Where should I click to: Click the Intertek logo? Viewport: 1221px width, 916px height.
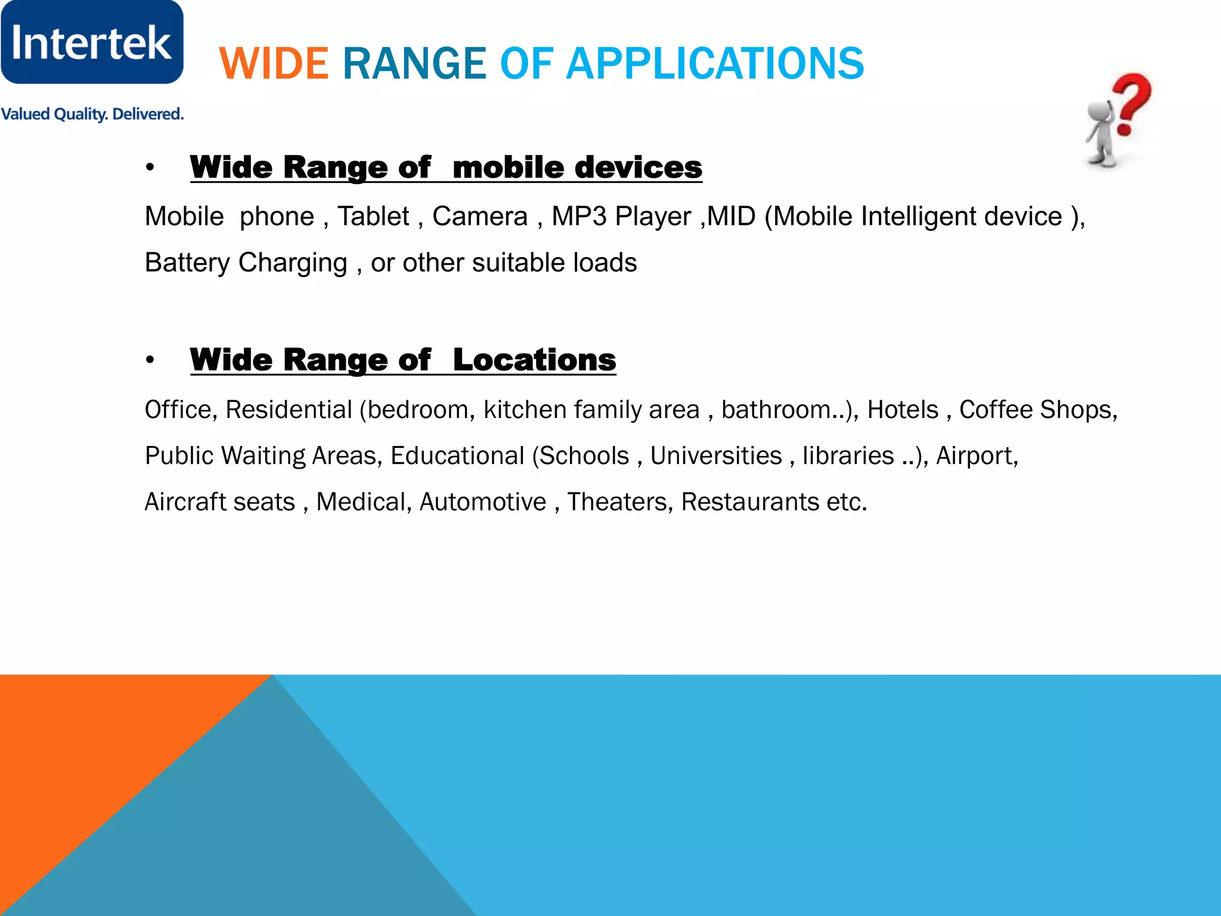click(x=92, y=42)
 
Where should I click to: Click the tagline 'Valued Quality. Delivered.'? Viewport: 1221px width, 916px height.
click(x=92, y=114)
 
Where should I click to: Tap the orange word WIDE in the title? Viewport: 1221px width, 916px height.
click(x=274, y=64)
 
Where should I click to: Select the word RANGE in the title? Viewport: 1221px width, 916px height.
click(x=414, y=64)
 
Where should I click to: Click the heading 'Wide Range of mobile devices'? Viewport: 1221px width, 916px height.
click(x=446, y=167)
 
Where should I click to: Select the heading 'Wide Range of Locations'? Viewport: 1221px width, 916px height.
click(x=403, y=360)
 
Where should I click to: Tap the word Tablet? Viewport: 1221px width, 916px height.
click(x=373, y=216)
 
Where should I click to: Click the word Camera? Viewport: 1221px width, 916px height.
click(x=480, y=216)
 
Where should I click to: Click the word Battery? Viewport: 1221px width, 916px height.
click(x=187, y=263)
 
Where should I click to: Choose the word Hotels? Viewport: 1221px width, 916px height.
click(x=903, y=410)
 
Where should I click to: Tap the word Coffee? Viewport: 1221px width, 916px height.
click(x=996, y=410)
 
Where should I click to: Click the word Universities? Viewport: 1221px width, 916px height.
click(x=715, y=456)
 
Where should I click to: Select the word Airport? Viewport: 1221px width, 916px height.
click(x=976, y=456)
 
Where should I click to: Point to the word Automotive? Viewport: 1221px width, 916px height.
click(x=483, y=502)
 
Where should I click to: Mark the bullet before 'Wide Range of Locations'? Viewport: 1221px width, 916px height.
click(x=150, y=360)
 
